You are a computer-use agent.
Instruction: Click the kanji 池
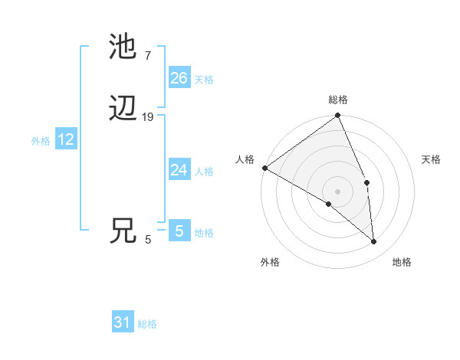click(123, 47)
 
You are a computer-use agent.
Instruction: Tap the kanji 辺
click(123, 110)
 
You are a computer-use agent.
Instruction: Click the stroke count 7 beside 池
click(147, 55)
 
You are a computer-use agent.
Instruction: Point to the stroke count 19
click(148, 117)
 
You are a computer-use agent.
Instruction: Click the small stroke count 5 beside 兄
click(148, 240)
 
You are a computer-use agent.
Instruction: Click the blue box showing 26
click(179, 78)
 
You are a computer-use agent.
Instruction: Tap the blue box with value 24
click(179, 170)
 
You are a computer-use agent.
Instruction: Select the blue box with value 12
click(66, 139)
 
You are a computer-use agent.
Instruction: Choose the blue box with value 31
click(123, 323)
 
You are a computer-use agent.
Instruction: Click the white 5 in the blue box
click(179, 231)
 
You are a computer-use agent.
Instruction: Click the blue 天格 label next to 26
click(204, 80)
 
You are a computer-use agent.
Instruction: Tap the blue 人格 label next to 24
click(204, 172)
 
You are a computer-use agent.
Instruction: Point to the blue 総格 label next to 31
click(147, 325)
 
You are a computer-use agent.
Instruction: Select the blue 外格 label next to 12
click(41, 141)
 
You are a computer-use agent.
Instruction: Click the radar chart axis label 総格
click(338, 100)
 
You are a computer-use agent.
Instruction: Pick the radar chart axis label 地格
click(402, 263)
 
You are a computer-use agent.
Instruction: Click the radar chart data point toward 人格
click(264, 168)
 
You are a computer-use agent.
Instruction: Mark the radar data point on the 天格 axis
click(367, 182)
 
